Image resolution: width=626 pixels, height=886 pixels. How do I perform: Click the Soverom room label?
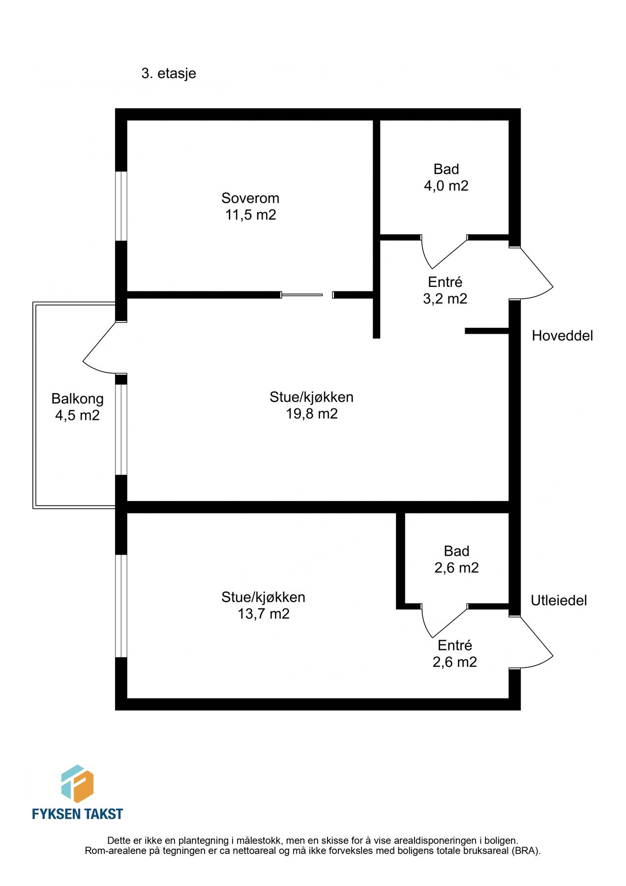point(250,198)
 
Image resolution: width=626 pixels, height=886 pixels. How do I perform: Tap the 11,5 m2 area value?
point(251,215)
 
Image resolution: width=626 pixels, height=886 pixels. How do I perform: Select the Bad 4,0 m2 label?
point(446,177)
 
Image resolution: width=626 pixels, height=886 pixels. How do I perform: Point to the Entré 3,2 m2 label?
point(445,290)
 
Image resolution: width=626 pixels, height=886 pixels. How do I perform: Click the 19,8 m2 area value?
point(312,413)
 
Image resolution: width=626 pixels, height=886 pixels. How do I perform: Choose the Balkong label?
point(77,399)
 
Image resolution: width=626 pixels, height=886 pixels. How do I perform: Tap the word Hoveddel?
point(562,336)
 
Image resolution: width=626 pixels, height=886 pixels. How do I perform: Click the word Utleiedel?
point(559,601)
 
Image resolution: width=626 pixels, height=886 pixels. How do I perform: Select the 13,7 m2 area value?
point(264,614)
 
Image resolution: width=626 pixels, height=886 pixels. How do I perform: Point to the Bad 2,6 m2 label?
point(456,559)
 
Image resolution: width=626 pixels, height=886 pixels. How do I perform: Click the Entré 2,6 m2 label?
point(455,654)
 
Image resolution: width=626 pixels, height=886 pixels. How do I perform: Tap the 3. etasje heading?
point(169,73)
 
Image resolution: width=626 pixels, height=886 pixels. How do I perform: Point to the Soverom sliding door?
point(301,295)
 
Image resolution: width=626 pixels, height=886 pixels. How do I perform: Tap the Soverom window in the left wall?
point(121,206)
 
